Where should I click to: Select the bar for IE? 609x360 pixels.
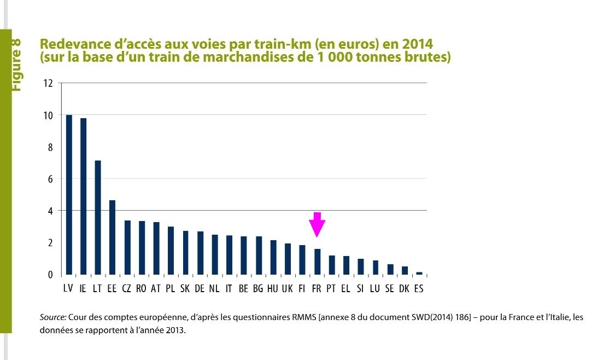[83, 196]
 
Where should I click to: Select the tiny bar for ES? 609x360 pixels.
[419, 273]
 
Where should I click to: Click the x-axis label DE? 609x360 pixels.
[200, 289]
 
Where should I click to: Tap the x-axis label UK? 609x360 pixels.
[287, 289]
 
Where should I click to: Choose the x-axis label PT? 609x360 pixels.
[331, 289]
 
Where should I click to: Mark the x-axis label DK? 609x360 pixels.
[404, 289]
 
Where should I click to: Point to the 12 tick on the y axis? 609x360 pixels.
[48, 84]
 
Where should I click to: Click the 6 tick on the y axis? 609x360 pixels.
[50, 179]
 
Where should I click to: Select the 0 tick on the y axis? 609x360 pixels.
[50, 275]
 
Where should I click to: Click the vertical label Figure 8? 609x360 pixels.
[16, 64]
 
